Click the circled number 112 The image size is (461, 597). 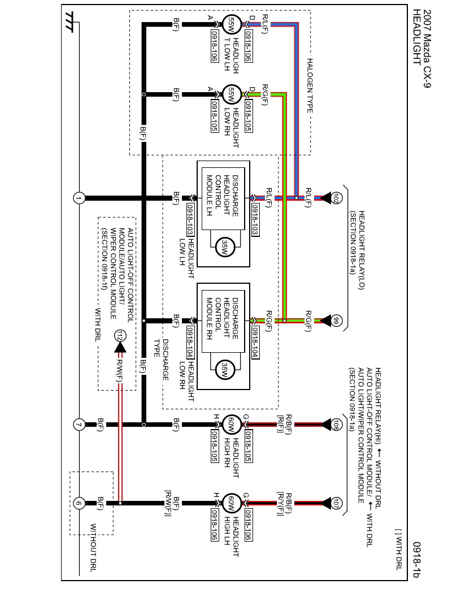pos(119,336)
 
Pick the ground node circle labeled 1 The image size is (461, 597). pos(79,198)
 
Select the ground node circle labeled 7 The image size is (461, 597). pos(79,425)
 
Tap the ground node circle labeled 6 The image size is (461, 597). pos(79,503)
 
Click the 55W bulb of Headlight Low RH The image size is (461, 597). pos(230,95)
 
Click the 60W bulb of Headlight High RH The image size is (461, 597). pos(230,424)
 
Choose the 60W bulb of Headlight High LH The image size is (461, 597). pos(230,503)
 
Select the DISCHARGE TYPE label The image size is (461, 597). pos(162,360)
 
